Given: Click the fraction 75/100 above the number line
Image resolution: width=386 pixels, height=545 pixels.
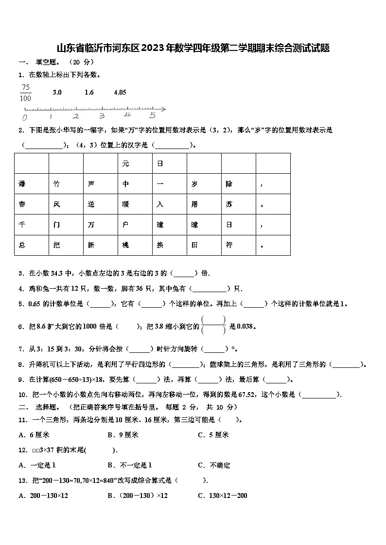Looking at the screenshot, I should click(x=26, y=93).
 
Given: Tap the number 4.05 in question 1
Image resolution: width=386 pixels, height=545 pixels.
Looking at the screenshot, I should click(x=120, y=92).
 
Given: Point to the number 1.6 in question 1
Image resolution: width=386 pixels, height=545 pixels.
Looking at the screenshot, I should click(x=89, y=92).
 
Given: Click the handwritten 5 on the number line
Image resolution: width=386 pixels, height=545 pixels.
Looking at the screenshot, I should click(x=152, y=116).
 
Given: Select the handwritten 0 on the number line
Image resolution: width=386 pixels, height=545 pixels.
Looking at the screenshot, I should click(x=25, y=117).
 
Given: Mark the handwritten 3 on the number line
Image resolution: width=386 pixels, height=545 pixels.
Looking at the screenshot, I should click(x=102, y=116).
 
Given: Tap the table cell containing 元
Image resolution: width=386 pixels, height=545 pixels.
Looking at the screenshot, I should click(x=135, y=164).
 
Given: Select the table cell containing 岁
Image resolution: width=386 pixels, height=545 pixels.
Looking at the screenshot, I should click(x=204, y=184).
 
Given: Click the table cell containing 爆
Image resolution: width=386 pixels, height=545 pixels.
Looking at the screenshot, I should click(x=32, y=184).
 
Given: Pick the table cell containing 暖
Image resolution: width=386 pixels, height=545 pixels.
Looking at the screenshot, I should click(x=135, y=204).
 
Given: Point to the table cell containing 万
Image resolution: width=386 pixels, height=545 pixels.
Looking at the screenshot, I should click(x=100, y=225).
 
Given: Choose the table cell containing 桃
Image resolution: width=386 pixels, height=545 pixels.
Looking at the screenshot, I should click(x=135, y=245).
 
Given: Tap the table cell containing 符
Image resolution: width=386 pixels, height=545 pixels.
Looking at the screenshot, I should click(x=238, y=245).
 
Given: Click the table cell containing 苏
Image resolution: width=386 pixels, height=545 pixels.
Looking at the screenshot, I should click(x=238, y=204).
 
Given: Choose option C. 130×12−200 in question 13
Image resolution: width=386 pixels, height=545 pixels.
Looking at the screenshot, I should click(x=222, y=495).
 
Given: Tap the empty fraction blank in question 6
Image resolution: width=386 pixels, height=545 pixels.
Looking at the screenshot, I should click(x=213, y=325).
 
